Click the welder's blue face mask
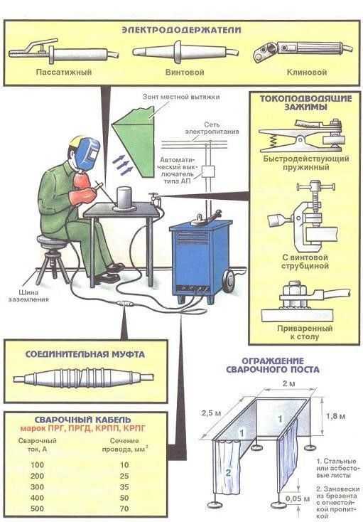click(88, 151)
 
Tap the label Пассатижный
click(64, 72)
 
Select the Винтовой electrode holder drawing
click(185, 52)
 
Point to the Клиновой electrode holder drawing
click(303, 51)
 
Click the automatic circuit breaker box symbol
click(208, 171)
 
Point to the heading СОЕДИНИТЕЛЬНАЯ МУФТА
click(85, 354)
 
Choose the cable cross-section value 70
click(124, 508)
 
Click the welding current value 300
click(37, 486)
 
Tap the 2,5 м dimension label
click(211, 413)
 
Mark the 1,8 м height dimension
click(335, 416)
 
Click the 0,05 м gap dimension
click(298, 499)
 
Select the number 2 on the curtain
click(228, 472)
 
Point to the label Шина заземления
click(28, 296)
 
